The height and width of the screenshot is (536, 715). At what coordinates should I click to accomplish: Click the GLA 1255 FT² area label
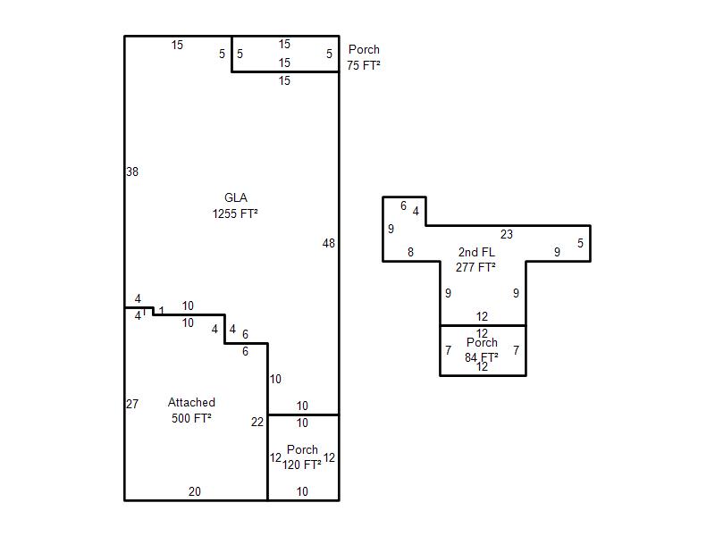click(x=235, y=205)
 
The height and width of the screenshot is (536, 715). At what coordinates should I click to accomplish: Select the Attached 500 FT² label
click(x=191, y=410)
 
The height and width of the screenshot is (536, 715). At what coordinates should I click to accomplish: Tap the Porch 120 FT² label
click(x=302, y=457)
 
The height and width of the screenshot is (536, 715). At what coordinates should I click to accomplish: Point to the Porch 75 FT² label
click(x=364, y=57)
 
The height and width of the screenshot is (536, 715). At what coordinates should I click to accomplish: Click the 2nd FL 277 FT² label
click(x=476, y=259)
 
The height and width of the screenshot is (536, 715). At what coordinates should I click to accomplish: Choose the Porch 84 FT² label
click(x=482, y=349)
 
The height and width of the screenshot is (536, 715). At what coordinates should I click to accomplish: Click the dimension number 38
click(x=132, y=172)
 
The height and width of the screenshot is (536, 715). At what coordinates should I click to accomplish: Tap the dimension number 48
click(x=328, y=243)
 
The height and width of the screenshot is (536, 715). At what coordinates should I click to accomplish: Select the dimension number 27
click(x=132, y=404)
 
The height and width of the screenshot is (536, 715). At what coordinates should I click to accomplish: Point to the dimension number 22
click(x=257, y=422)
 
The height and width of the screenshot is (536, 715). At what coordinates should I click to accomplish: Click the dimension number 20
click(x=195, y=491)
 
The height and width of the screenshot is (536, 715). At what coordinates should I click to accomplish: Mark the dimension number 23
click(x=507, y=234)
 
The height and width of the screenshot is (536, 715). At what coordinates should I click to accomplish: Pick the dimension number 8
click(x=410, y=252)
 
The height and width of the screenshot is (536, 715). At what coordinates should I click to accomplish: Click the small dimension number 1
click(x=162, y=311)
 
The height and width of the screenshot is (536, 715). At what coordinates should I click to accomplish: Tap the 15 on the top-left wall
click(x=177, y=45)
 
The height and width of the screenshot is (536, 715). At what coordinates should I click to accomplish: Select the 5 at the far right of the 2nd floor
click(x=580, y=243)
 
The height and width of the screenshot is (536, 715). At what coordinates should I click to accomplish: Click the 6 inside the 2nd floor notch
click(x=403, y=206)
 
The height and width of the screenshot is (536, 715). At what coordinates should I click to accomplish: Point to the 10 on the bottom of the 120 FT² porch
click(x=302, y=491)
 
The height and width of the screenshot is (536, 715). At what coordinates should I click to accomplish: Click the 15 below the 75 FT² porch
click(x=284, y=80)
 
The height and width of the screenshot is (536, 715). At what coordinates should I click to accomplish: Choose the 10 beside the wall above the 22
click(x=275, y=379)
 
